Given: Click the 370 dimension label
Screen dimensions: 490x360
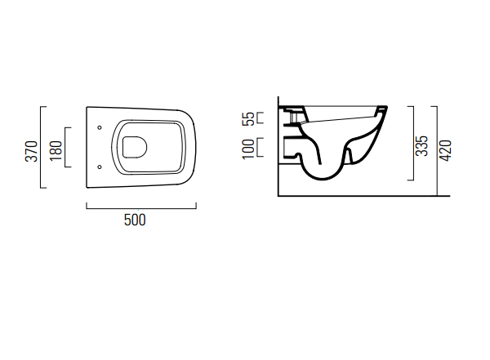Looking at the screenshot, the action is point(31,151).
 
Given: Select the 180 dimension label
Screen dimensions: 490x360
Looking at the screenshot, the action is point(56,151).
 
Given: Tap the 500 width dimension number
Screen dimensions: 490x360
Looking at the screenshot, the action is point(135,220).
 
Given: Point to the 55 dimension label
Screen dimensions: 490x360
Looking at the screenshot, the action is point(249,118).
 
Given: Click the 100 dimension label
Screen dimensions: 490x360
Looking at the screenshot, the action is point(248,149).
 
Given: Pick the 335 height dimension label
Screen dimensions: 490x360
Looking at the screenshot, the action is point(421,145).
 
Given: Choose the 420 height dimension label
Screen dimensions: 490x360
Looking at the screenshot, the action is point(445,150).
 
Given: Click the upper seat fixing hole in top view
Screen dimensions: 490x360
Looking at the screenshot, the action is point(100,127).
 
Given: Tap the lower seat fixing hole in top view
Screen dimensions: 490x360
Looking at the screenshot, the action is point(100,167).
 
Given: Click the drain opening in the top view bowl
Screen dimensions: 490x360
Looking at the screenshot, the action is point(135,147).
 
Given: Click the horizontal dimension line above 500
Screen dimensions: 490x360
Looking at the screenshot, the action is point(141,208).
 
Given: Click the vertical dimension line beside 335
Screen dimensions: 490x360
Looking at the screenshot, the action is point(413,143).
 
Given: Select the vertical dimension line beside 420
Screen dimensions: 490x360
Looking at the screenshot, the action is point(437,151).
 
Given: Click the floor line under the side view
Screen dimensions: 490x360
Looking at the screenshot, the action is point(364,196).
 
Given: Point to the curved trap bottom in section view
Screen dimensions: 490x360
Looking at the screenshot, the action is point(323,179).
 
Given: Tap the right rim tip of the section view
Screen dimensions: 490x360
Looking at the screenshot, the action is point(386,107).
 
